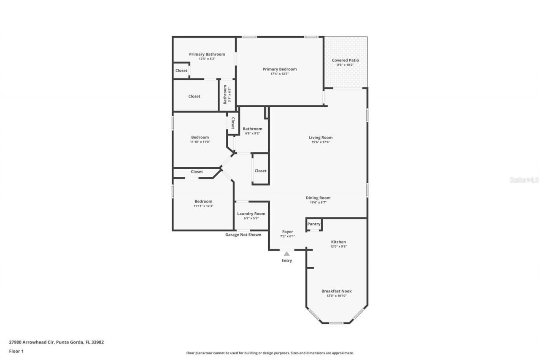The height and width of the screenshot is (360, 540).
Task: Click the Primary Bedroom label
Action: [279, 69]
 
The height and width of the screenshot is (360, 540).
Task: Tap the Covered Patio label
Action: [345, 60]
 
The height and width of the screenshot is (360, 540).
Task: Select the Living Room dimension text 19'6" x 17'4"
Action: [321, 142]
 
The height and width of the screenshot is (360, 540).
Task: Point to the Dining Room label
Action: [318, 198]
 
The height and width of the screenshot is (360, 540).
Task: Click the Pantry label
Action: [314, 224]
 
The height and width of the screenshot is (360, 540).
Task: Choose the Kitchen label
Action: [338, 242]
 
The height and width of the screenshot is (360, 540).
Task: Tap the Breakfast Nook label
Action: [336, 291]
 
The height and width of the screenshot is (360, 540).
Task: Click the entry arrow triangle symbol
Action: [286, 254]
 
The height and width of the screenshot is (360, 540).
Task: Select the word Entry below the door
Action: [286, 261]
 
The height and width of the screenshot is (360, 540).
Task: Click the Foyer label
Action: [287, 232]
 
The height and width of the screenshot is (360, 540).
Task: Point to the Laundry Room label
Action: [251, 214]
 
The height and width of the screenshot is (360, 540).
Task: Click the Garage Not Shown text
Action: [243, 235]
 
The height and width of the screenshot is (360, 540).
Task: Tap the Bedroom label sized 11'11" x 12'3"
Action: [203, 201]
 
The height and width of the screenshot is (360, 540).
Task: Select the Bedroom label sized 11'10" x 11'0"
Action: [200, 137]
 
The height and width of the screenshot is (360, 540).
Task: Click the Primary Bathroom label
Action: [207, 54]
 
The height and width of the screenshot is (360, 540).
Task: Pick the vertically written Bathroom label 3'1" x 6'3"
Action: [225, 95]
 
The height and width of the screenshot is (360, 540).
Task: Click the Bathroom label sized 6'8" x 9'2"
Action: [252, 129]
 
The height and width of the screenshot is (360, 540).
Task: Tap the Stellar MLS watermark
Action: [524, 180]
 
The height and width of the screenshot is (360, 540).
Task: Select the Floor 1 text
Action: [16, 351]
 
